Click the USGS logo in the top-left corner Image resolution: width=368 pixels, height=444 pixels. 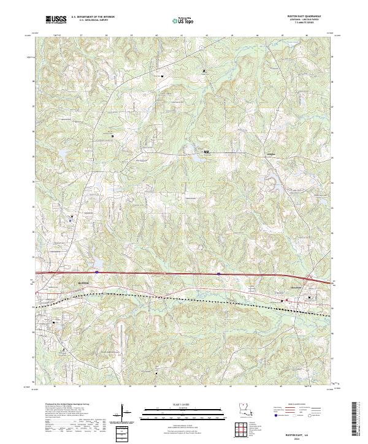click(56, 20)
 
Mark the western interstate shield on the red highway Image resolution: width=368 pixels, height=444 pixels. click(97, 270)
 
